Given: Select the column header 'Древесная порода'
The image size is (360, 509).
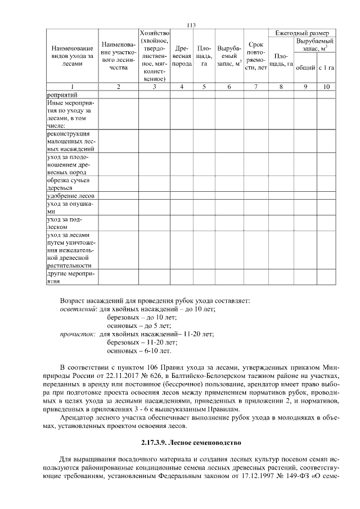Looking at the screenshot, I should pyautogui.click(x=182, y=56).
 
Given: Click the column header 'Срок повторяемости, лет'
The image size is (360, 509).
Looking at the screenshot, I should pyautogui.click(x=256, y=56).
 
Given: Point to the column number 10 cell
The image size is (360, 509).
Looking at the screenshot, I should pyautogui.click(x=326, y=87).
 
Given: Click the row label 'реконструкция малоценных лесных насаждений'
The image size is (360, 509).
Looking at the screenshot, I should pyautogui.click(x=70, y=141).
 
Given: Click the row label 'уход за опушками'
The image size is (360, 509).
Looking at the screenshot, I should pyautogui.click(x=70, y=207).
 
